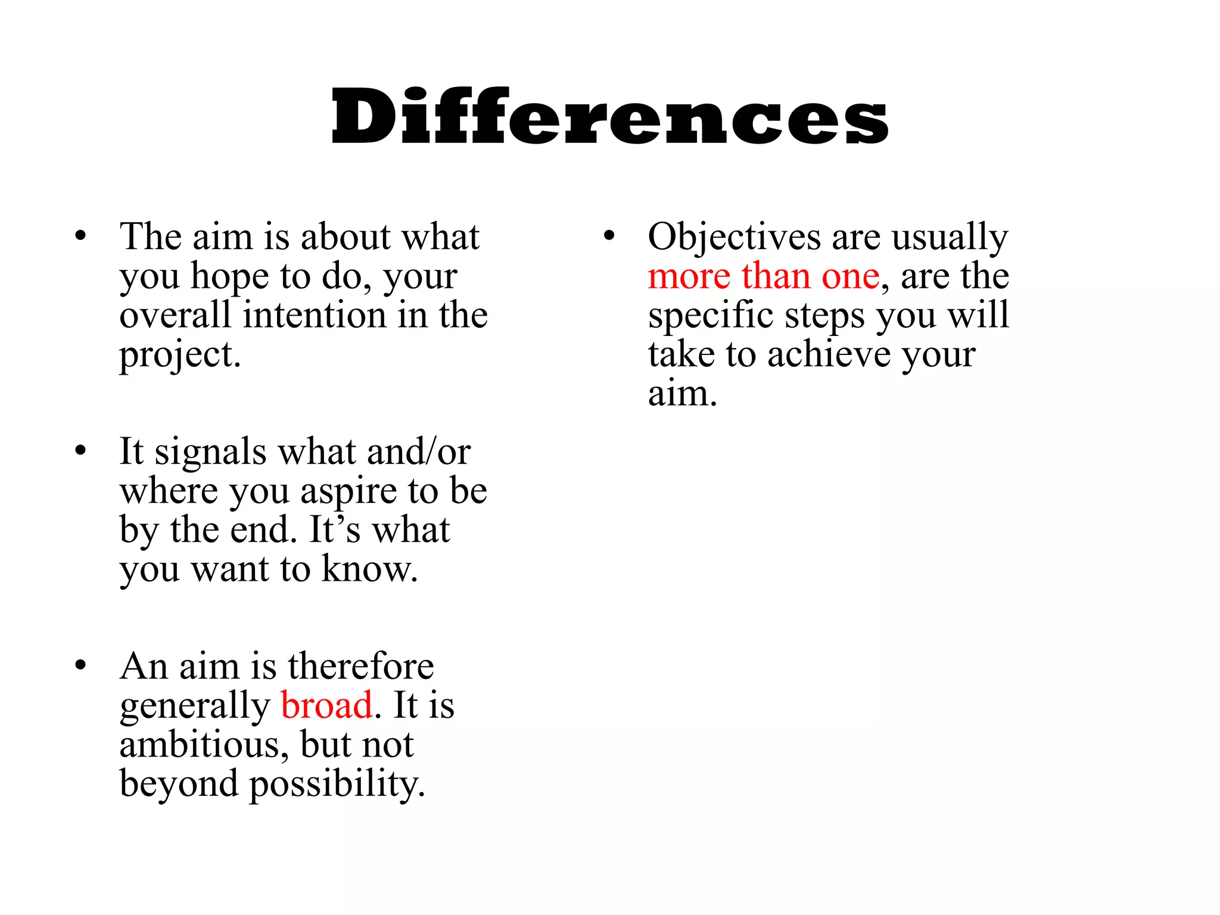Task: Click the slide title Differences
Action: pyautogui.click(x=609, y=116)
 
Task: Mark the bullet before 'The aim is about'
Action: pyautogui.click(x=80, y=235)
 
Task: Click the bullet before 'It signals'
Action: pyautogui.click(x=80, y=450)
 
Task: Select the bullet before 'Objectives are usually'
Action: pyautogui.click(x=608, y=235)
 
